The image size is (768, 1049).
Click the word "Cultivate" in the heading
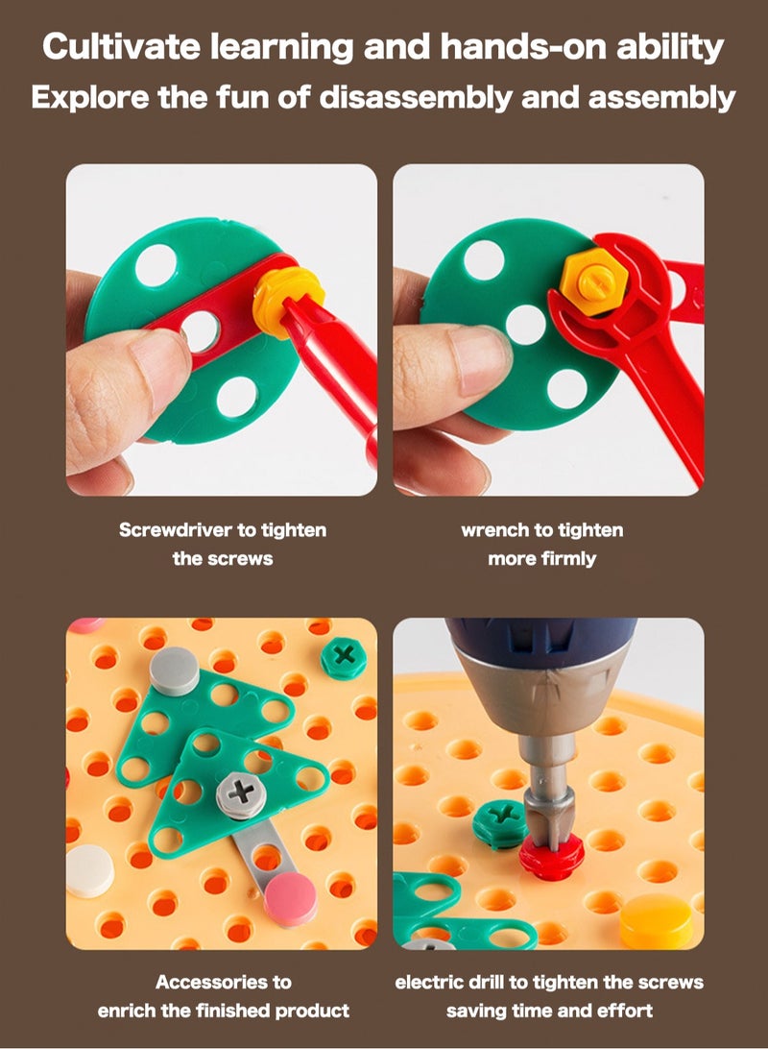122,47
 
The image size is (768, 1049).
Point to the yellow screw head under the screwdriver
287,302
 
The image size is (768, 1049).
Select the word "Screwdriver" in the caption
176,530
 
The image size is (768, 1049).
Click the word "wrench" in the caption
494,530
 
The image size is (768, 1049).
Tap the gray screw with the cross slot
241,795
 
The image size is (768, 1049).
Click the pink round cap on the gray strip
290,899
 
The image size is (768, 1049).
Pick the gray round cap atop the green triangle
174,671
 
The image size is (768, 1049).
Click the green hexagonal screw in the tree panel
344,658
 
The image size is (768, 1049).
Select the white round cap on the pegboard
89,871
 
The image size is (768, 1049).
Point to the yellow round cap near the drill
656,922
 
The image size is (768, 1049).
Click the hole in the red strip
201,331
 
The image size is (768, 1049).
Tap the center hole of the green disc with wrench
526,325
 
